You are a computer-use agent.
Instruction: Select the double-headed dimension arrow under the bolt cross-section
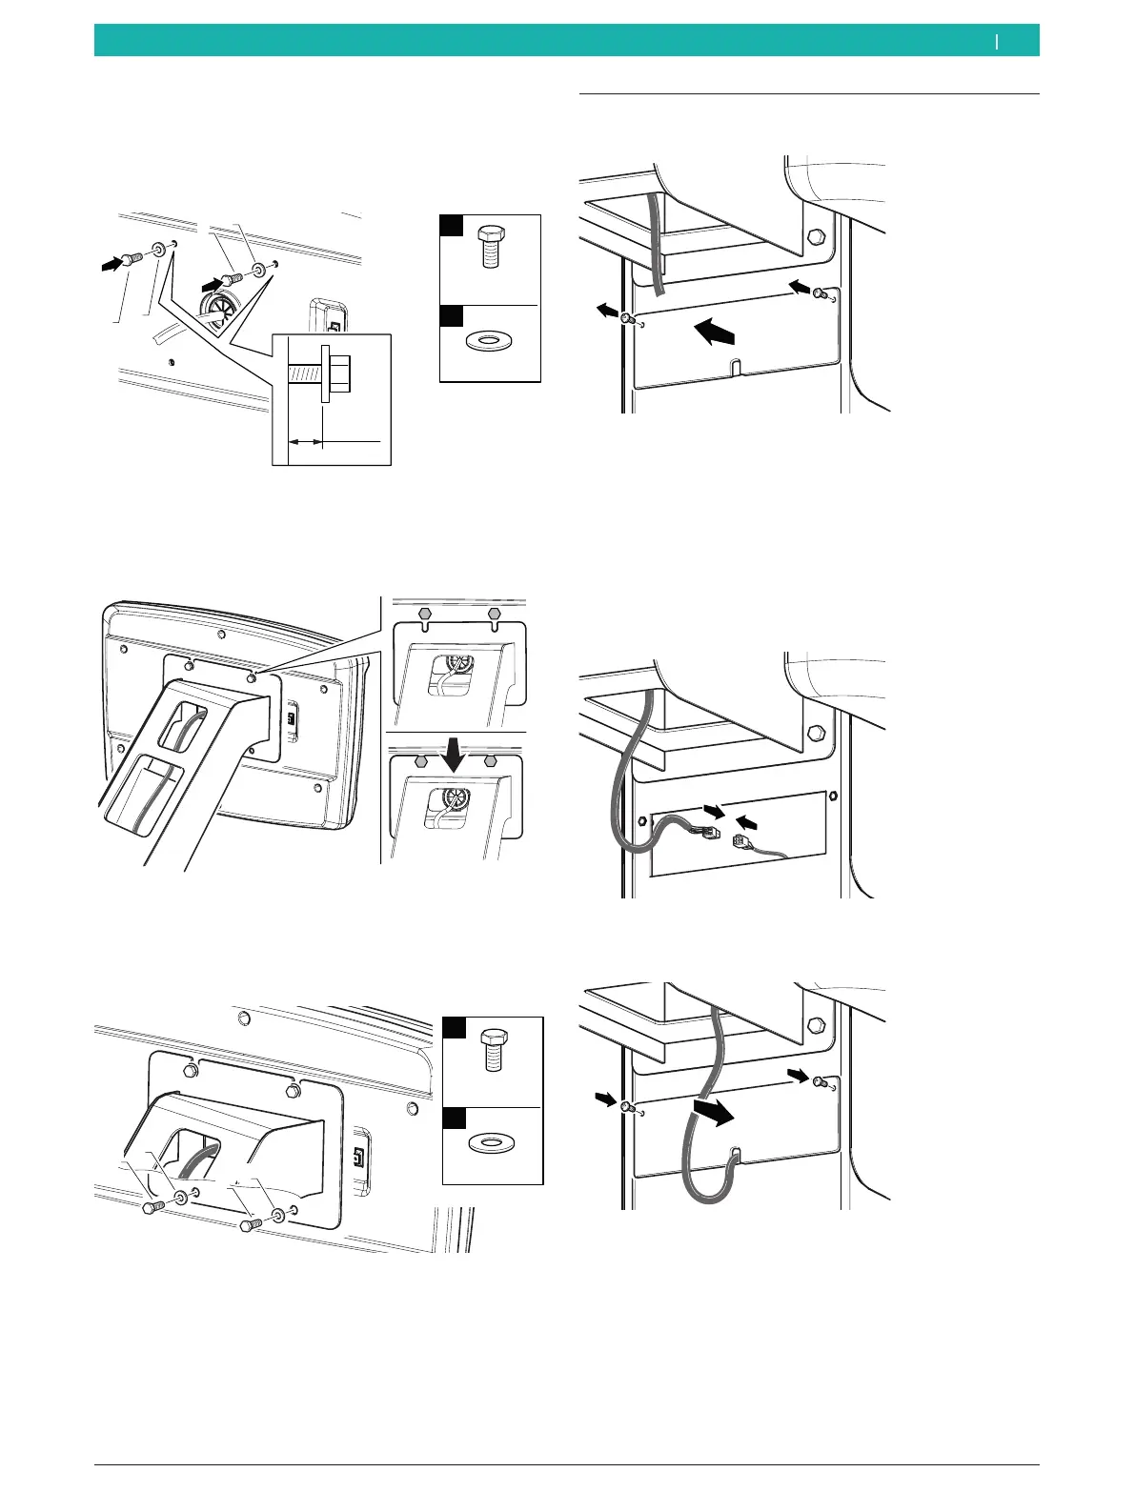click(x=305, y=442)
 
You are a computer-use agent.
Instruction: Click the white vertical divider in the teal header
click(x=997, y=41)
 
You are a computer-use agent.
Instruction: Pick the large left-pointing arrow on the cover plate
click(x=714, y=333)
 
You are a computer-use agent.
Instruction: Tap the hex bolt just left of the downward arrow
click(x=420, y=761)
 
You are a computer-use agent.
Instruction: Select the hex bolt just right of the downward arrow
click(x=491, y=761)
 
